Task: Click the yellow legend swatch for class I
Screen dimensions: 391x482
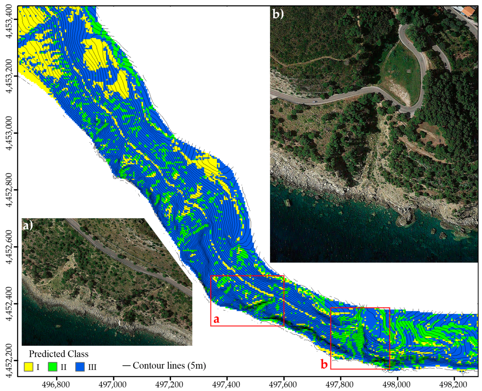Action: (28, 367)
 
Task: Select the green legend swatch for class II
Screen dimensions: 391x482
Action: (52, 367)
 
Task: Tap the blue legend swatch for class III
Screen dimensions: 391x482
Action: (80, 367)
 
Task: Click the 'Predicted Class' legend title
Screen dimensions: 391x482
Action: (59, 354)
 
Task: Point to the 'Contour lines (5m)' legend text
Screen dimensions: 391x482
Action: (169, 365)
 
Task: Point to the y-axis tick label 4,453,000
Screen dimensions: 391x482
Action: (9, 133)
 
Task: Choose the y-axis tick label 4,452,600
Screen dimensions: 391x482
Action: (9, 247)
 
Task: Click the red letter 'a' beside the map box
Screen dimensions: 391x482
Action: (216, 319)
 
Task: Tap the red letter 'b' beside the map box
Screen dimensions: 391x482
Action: (324, 364)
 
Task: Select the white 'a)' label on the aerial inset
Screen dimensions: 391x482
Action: (28, 225)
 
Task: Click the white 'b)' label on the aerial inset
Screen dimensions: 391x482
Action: (278, 14)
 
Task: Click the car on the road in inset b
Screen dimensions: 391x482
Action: (315, 102)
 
